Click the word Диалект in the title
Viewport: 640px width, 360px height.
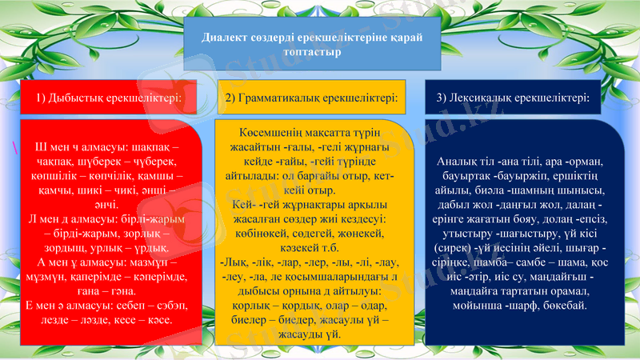[x=224, y=38]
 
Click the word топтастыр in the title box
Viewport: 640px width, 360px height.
[x=313, y=52]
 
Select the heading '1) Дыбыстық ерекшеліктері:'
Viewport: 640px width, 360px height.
[x=106, y=98]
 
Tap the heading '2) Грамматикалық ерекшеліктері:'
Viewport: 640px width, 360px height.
[x=311, y=98]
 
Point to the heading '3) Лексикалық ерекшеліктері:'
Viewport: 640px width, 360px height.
[x=514, y=98]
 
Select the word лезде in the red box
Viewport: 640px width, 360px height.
[x=51, y=320]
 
